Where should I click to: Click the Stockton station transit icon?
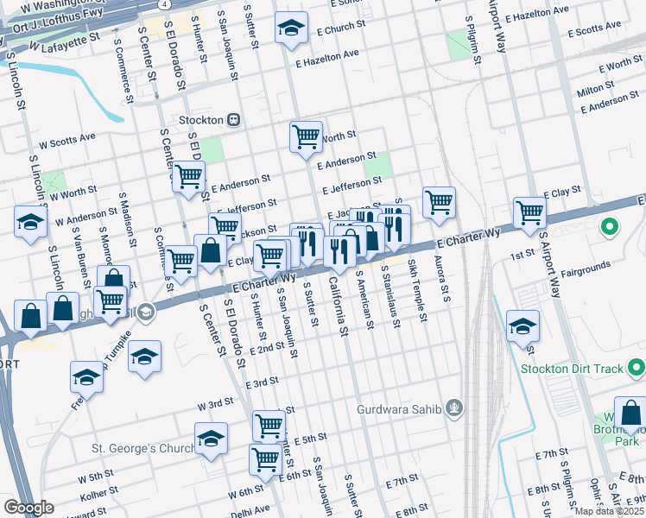coord(232,119)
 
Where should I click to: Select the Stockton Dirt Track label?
coord(572,369)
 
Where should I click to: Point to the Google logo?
coord(28,507)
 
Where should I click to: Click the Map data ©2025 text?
coord(609,511)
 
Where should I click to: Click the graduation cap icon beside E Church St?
coord(291,28)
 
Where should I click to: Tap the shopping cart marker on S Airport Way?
coord(529,212)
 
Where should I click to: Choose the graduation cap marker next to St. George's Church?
coord(211,439)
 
